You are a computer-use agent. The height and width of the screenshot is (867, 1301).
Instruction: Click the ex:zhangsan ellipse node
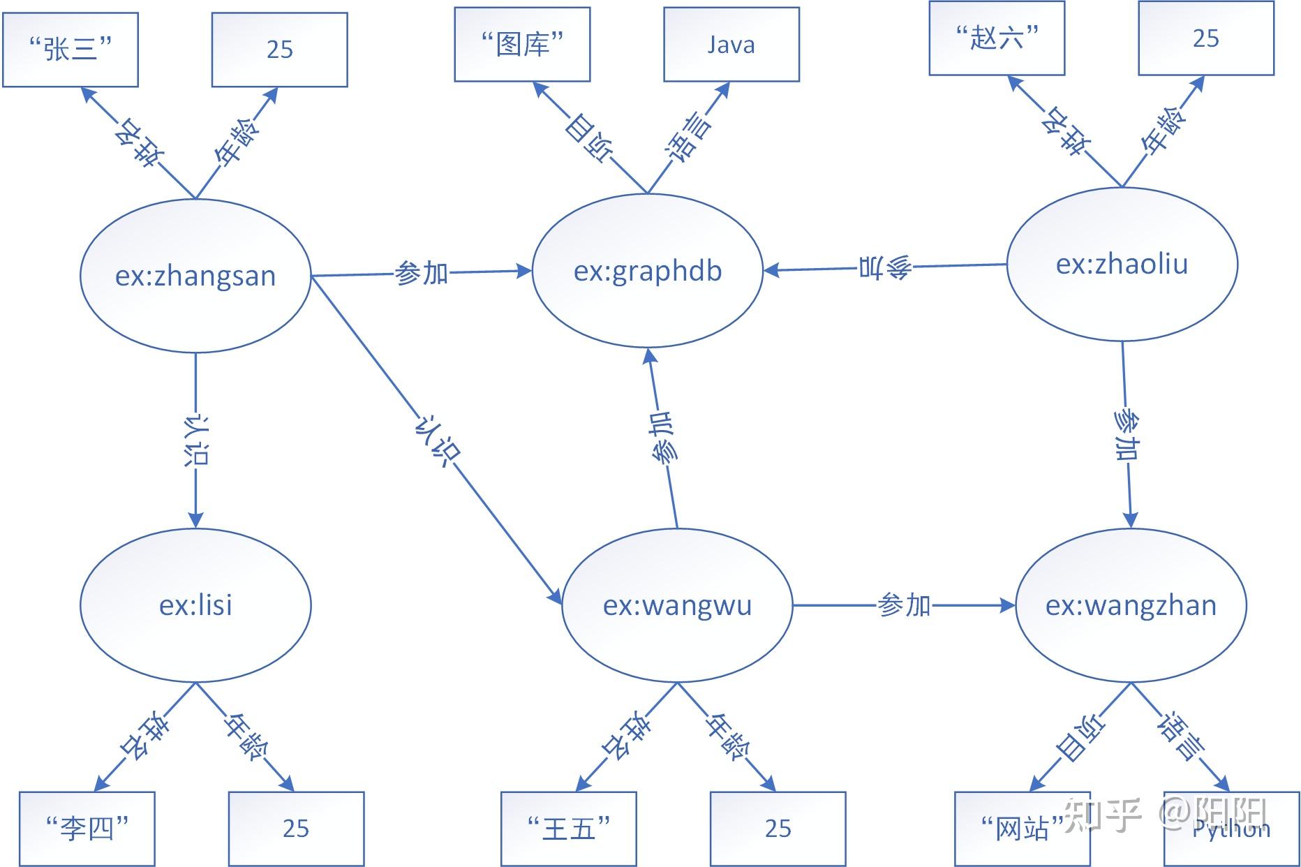click(x=195, y=276)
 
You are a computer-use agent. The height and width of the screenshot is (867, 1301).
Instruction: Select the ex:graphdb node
click(x=647, y=271)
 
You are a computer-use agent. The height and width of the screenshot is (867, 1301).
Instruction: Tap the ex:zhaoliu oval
click(x=1122, y=264)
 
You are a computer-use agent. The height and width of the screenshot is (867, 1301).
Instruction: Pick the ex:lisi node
click(x=195, y=605)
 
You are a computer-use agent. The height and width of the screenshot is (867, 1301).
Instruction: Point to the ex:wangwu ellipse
click(x=677, y=605)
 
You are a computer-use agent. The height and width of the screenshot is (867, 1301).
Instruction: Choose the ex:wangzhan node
click(x=1131, y=605)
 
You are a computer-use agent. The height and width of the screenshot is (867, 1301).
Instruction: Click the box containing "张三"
click(x=70, y=50)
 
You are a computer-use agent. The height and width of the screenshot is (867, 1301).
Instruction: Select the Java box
click(x=731, y=45)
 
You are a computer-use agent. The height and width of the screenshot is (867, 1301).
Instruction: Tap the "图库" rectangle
click(x=522, y=45)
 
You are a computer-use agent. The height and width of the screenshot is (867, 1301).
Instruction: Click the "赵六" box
click(x=997, y=38)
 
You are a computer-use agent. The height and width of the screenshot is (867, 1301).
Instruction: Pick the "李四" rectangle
click(x=87, y=829)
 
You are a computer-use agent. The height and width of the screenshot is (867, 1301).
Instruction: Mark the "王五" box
click(x=568, y=829)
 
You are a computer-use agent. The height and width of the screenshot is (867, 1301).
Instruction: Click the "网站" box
click(x=1022, y=829)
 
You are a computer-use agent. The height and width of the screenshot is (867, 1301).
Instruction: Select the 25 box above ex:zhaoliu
click(x=1205, y=38)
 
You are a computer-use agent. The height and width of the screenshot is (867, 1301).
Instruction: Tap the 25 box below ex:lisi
click(x=296, y=829)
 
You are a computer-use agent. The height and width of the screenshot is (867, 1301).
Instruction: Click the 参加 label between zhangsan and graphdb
click(x=421, y=273)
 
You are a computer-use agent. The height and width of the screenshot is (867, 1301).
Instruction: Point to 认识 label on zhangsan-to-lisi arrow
click(x=195, y=440)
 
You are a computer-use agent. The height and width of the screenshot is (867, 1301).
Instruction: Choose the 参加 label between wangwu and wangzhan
click(x=904, y=605)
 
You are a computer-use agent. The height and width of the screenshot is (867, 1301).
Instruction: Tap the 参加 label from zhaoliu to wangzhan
click(x=1126, y=435)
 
